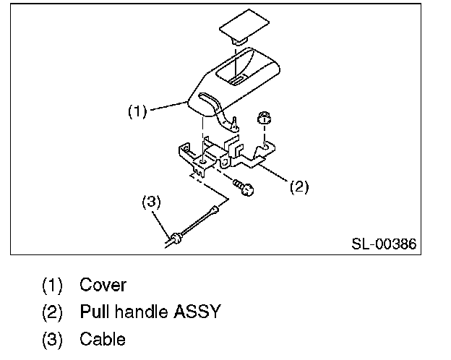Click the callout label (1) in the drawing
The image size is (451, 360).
coord(137,111)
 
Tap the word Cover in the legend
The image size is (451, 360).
coord(103,285)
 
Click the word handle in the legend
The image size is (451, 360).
coord(141,312)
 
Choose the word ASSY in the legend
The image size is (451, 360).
coord(196,312)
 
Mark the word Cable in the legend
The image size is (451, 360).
coord(103,339)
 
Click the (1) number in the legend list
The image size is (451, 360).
coord(52,285)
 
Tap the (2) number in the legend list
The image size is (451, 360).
coord(52,312)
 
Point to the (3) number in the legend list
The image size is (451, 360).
coord(52,339)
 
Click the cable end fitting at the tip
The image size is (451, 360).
coord(215,210)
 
